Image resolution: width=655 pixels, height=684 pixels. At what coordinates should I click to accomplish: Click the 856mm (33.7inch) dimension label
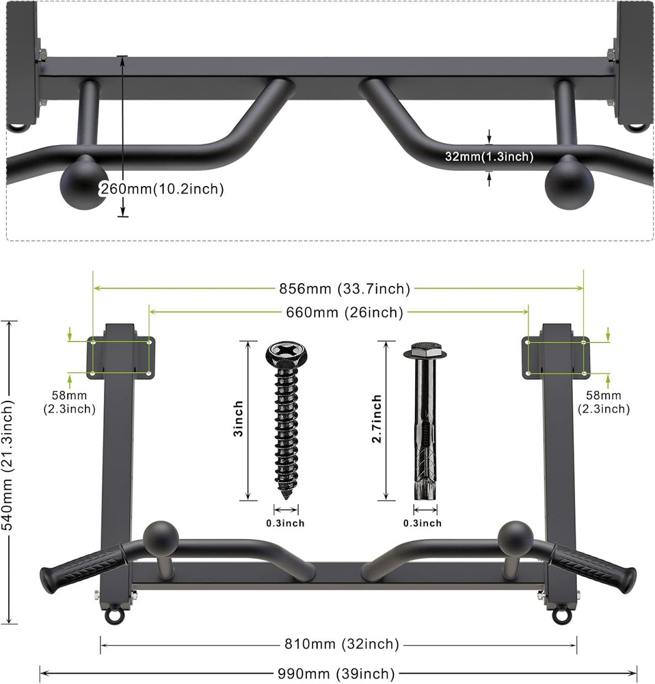point(339,289)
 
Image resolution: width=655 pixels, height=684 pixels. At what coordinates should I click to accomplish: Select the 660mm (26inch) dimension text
point(338,313)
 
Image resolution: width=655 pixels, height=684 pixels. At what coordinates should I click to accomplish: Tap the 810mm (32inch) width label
point(338,644)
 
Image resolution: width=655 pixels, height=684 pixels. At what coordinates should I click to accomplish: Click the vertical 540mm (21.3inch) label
point(10,471)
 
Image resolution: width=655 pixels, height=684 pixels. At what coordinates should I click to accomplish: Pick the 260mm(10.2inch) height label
point(162,189)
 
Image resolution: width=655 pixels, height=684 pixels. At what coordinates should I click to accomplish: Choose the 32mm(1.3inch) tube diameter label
point(489,157)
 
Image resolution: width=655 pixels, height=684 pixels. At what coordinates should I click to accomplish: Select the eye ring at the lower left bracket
point(112,615)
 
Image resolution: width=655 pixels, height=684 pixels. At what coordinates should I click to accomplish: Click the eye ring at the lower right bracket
point(562,615)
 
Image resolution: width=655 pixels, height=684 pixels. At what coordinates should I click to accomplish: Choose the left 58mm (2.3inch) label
point(74,402)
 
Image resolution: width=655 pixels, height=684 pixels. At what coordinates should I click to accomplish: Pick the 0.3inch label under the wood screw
point(285,523)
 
